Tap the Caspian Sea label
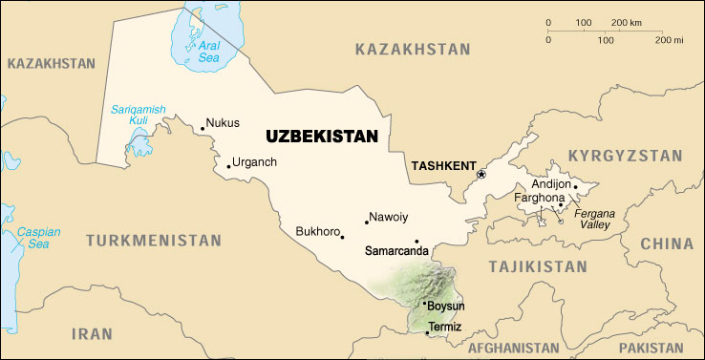[x=37, y=238]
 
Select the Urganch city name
[x=255, y=161]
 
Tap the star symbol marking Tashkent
[x=481, y=174]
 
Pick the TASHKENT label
[x=442, y=166]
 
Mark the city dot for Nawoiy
[x=367, y=222]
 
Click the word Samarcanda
[x=397, y=250]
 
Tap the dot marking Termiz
[x=427, y=332]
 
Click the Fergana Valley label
[x=594, y=220]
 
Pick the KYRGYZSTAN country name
[x=625, y=155]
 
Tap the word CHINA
[x=667, y=244]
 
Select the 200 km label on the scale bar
[x=625, y=22]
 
